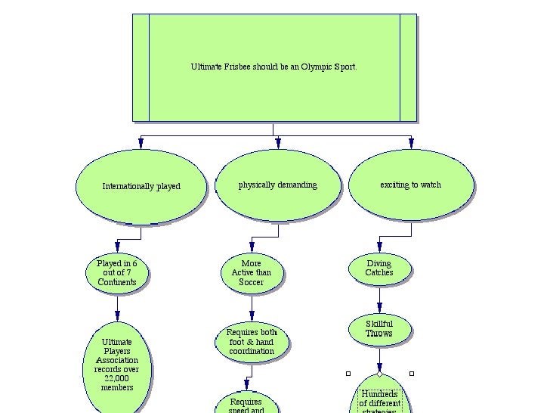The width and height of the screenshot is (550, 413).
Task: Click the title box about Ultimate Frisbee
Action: click(273, 67)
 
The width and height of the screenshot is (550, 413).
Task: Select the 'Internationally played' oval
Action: click(141, 186)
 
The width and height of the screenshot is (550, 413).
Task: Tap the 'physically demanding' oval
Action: click(278, 185)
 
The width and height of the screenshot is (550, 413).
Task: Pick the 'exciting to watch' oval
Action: click(411, 185)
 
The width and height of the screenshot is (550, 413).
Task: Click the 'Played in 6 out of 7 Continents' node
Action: click(117, 273)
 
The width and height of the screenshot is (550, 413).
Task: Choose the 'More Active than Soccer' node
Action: click(252, 273)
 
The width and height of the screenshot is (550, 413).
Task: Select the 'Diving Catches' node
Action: click(379, 269)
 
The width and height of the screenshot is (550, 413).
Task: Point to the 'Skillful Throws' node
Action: click(379, 329)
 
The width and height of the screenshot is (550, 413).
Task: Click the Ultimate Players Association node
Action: click(117, 365)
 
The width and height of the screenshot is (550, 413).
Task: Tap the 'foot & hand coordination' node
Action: click(252, 342)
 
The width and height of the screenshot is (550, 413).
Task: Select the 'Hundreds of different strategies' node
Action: click(379, 398)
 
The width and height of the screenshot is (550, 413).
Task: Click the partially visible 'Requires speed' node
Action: click(246, 404)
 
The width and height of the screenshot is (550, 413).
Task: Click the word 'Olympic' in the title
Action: click(317, 67)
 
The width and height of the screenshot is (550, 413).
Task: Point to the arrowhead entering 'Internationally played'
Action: click(141, 143)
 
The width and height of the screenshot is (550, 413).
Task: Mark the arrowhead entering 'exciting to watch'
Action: click(411, 143)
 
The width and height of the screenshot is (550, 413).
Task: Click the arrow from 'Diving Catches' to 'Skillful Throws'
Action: click(379, 300)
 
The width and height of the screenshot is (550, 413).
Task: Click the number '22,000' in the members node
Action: click(117, 378)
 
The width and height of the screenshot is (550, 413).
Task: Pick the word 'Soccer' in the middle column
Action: click(252, 282)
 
